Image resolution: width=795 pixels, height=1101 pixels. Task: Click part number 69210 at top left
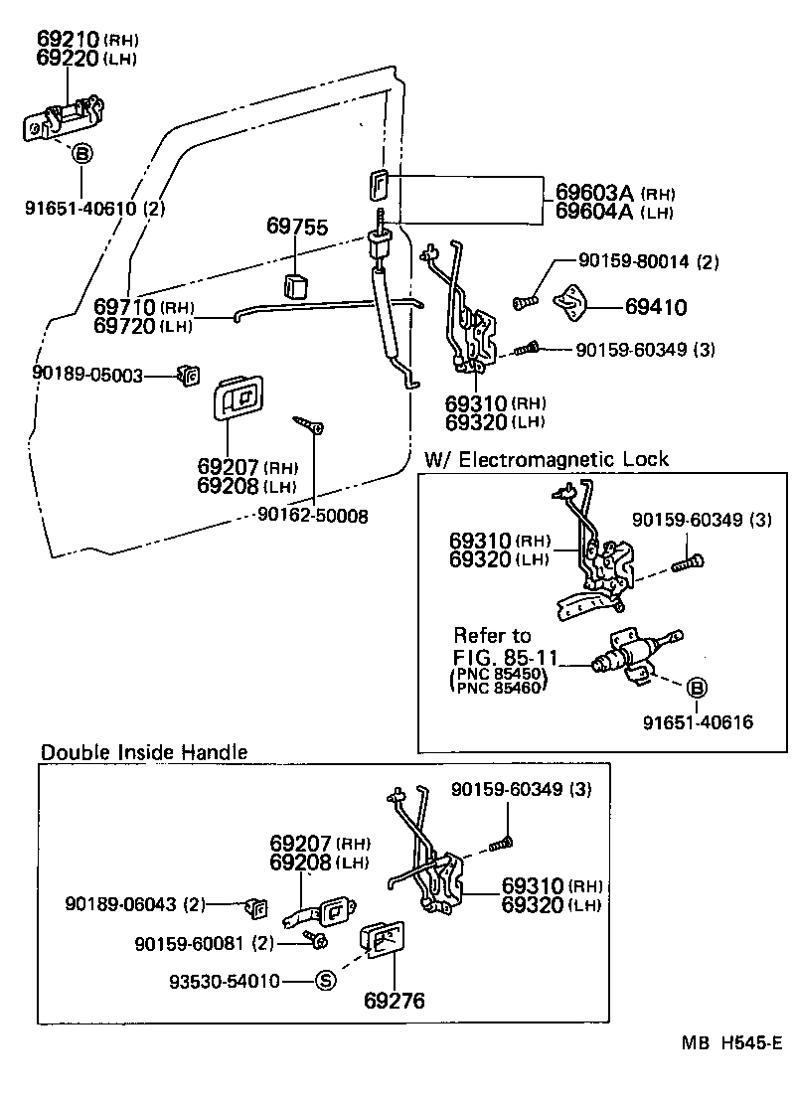[x=68, y=39]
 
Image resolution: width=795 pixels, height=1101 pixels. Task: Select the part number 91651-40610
[x=81, y=209]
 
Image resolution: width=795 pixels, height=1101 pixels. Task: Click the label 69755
[x=297, y=227]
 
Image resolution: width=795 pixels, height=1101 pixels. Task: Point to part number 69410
[x=655, y=307]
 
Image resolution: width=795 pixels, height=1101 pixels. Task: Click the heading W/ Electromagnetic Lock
[x=547, y=459]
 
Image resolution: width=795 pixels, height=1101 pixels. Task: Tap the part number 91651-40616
[x=697, y=722]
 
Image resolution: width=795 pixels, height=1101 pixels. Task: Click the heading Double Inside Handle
[x=143, y=752]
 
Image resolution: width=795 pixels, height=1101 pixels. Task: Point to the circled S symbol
[x=326, y=981]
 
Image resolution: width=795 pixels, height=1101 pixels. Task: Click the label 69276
[x=394, y=1001]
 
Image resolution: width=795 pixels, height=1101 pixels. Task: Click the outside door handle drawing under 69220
[x=66, y=119]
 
